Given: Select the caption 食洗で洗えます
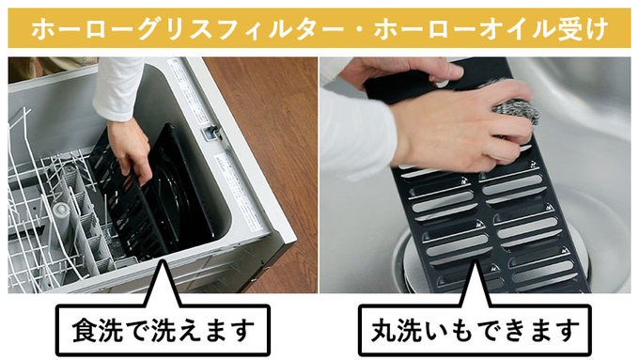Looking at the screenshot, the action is [163, 330].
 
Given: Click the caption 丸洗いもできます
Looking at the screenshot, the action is [475, 330].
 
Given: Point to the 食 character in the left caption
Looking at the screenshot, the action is [86, 330].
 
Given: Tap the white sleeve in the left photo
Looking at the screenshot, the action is [117, 86].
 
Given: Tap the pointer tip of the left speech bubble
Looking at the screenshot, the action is [163, 261].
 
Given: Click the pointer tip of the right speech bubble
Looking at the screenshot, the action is [473, 261].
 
